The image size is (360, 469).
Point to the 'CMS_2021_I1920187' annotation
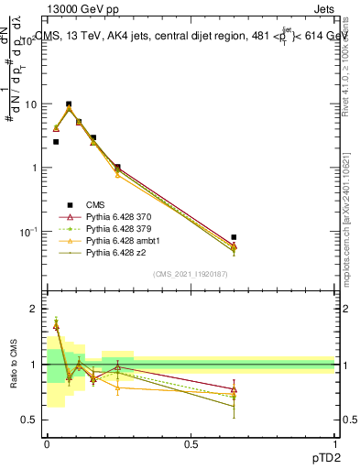(191, 274)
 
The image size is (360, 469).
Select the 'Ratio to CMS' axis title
(13, 365)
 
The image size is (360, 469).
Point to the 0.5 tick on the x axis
(191, 443)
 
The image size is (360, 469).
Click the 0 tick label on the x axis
(47, 443)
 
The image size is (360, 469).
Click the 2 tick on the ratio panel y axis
(31, 310)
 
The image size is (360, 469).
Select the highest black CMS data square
(69, 104)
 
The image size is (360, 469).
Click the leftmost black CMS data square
(56, 142)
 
